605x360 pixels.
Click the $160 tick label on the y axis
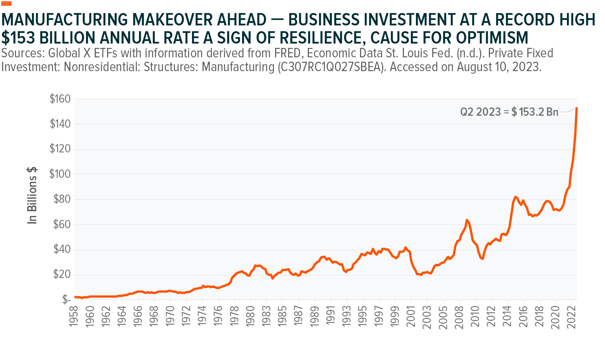60,99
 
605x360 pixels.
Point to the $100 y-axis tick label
60,174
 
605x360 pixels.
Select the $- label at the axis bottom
66,299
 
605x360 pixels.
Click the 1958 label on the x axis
74,316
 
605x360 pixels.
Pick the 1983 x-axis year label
266,316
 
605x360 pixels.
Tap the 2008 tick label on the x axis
459,316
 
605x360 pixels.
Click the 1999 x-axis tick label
395,316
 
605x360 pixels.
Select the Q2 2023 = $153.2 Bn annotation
509,112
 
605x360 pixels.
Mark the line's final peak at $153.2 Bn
576,108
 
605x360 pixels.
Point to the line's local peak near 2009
467,220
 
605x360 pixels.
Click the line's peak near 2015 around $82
515,197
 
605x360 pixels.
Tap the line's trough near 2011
482,258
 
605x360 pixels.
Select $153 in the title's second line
18,38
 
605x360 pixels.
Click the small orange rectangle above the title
7,3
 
